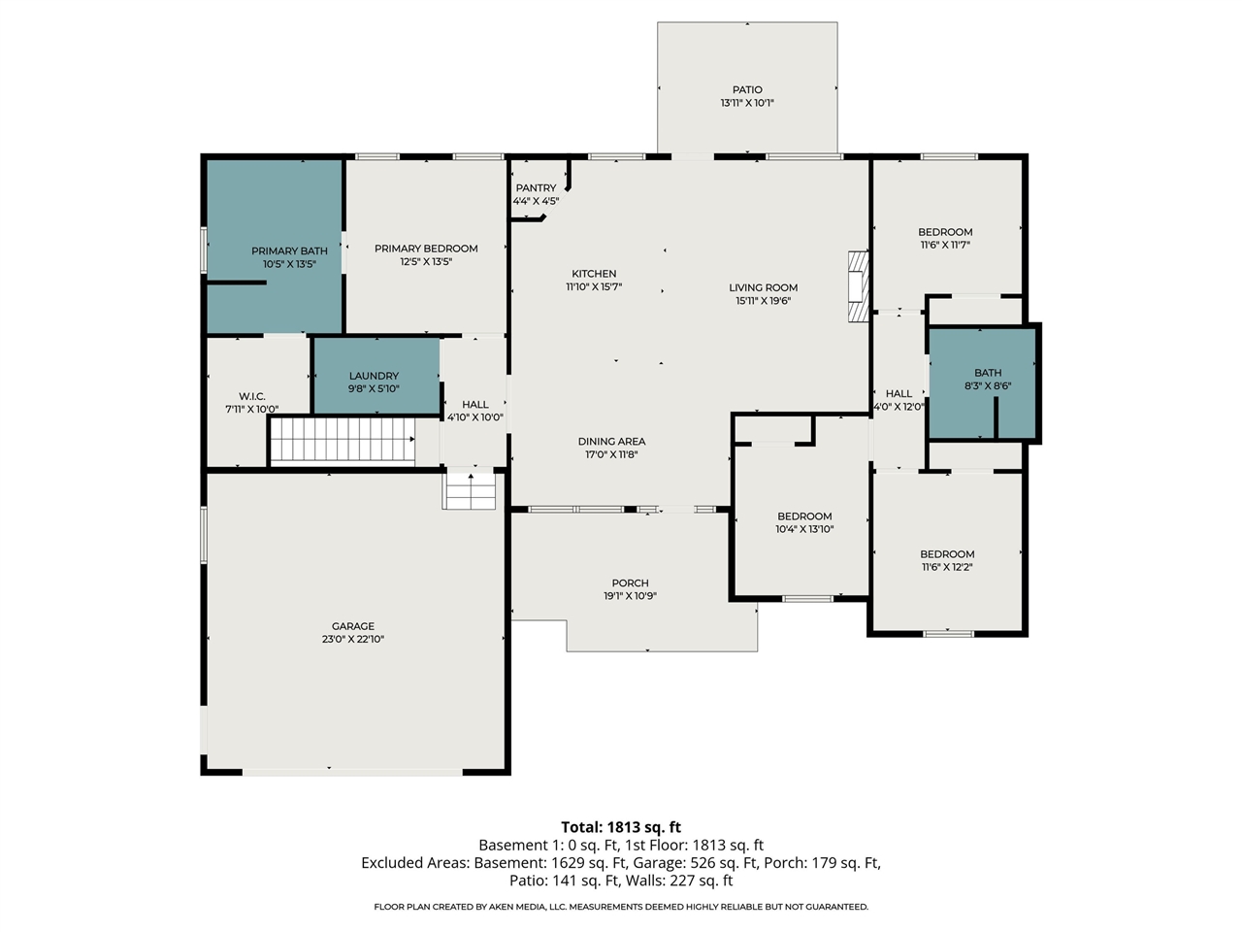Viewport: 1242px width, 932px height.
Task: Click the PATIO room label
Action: [747, 89]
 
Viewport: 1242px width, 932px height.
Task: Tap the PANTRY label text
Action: [536, 188]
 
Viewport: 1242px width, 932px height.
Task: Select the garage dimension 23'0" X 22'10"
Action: [353, 640]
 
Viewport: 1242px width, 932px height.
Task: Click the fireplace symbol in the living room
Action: [857, 286]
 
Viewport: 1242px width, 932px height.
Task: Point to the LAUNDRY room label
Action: [374, 376]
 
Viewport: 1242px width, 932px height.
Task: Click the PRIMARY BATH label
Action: [289, 251]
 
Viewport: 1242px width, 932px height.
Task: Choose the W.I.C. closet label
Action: [252, 396]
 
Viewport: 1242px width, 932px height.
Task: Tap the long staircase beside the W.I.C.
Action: [342, 441]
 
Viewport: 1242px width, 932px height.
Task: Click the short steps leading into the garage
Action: [471, 490]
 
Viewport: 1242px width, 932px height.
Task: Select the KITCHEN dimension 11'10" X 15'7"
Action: [594, 287]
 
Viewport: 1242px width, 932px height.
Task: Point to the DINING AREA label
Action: [611, 442]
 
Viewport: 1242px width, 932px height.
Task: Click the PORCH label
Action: [630, 583]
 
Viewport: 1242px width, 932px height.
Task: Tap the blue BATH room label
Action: [988, 373]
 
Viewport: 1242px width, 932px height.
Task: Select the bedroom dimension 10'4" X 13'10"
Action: [804, 530]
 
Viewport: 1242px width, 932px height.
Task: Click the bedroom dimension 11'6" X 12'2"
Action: [947, 568]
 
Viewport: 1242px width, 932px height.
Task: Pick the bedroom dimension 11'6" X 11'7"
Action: [945, 246]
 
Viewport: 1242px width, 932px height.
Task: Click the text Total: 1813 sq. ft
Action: [621, 827]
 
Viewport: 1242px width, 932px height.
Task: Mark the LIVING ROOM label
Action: [763, 287]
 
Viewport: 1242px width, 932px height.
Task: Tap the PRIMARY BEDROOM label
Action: [426, 249]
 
